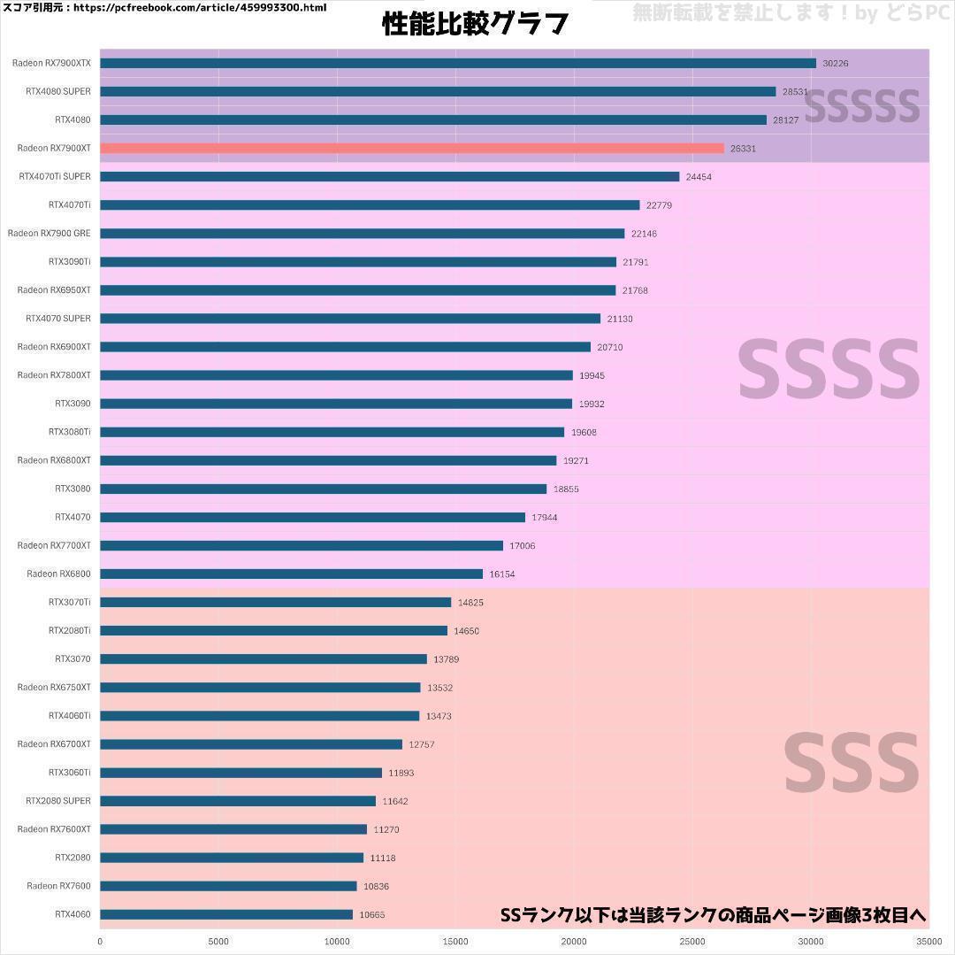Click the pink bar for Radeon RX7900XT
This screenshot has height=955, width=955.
(x=411, y=149)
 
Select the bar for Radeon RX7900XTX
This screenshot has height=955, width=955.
(x=457, y=63)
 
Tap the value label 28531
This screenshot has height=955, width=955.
(x=795, y=92)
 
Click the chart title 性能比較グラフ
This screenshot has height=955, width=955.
(x=475, y=24)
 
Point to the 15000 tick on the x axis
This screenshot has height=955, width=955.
(x=455, y=941)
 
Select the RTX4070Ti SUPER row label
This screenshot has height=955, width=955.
(x=55, y=176)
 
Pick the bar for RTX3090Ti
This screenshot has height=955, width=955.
(x=358, y=262)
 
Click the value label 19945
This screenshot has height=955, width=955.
(x=592, y=375)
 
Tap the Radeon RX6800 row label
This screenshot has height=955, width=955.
(x=58, y=574)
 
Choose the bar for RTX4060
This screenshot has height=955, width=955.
(x=226, y=914)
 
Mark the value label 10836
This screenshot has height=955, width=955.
(x=376, y=886)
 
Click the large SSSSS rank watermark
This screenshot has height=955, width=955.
(x=862, y=106)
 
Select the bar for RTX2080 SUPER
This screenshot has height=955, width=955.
(x=238, y=801)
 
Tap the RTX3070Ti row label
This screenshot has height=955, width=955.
(x=69, y=602)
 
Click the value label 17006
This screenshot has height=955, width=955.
(x=522, y=546)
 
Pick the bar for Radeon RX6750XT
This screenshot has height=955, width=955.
(x=260, y=688)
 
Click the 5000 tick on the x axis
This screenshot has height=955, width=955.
(x=218, y=941)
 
